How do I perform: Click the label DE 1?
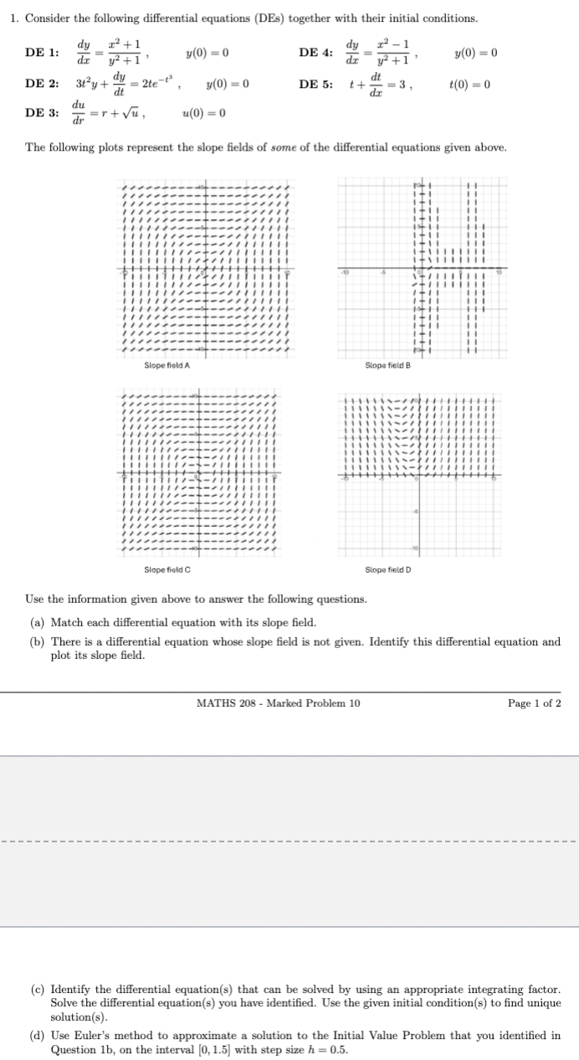coord(42,53)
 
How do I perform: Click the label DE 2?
coord(42,85)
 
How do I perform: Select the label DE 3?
coord(42,113)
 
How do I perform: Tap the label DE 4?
coord(315,53)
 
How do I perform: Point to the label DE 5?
coord(315,85)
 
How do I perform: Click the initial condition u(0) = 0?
coord(203,113)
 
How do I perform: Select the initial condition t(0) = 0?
coord(469,85)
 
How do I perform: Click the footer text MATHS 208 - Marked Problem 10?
coord(278,702)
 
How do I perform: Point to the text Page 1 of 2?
coord(535,702)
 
